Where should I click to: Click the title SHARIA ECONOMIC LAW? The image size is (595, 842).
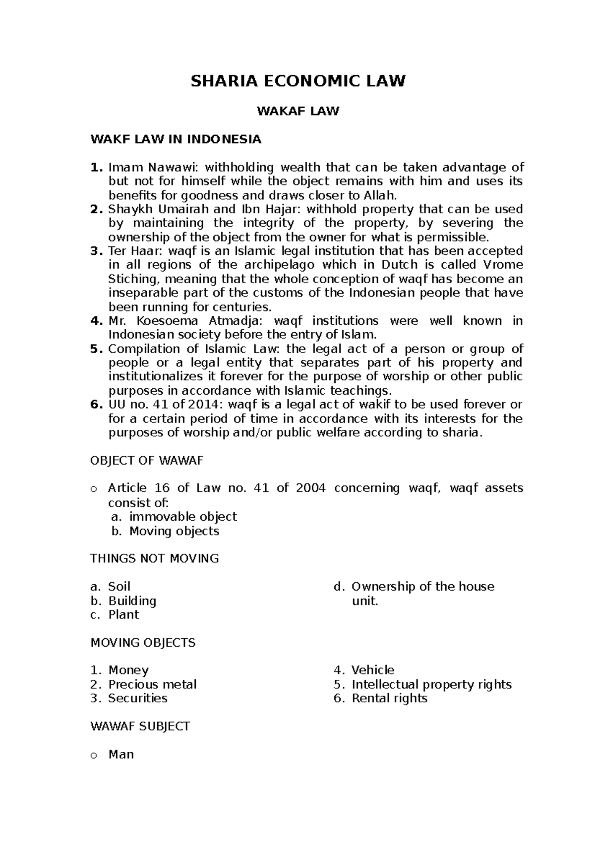[298, 81]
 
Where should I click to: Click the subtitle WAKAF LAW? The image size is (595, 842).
[297, 111]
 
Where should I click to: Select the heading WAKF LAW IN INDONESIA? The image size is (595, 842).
[176, 139]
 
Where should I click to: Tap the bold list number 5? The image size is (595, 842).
[95, 349]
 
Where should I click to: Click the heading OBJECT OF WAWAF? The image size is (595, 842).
[147, 461]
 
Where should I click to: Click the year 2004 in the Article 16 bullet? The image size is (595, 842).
[310, 488]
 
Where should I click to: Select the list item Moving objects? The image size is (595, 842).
[174, 531]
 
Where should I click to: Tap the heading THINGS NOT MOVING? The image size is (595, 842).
[154, 558]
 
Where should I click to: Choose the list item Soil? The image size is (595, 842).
[119, 587]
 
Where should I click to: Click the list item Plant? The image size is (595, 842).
[123, 614]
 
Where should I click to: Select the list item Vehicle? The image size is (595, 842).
[372, 670]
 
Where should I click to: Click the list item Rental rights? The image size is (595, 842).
[389, 698]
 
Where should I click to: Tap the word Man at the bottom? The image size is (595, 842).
[121, 754]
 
